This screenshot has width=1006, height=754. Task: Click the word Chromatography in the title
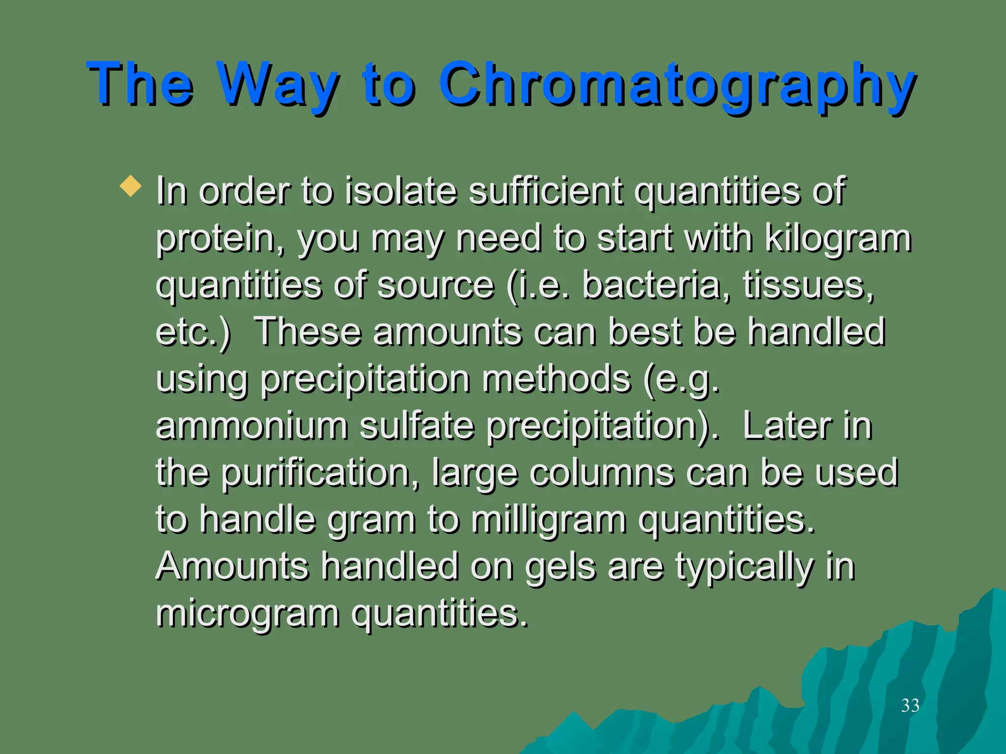pyautogui.click(x=677, y=84)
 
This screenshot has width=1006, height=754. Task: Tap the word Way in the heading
pyautogui.click(x=278, y=84)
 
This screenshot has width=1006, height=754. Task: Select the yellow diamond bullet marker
pyautogui.click(x=131, y=187)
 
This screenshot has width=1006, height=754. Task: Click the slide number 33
pyautogui.click(x=910, y=705)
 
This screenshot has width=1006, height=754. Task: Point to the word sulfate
pyautogui.click(x=417, y=426)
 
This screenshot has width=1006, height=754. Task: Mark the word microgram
pyautogui.click(x=248, y=614)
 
